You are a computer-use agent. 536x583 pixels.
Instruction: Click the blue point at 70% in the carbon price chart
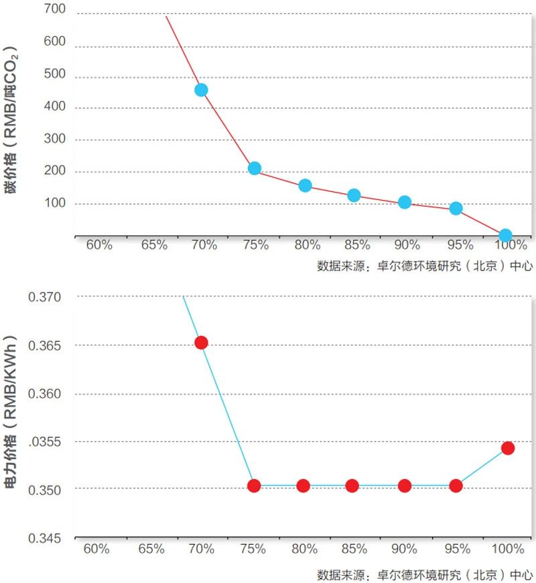click(x=201, y=90)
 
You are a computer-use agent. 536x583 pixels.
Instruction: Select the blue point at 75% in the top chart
click(x=254, y=168)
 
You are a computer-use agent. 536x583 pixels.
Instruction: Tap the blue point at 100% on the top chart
click(x=505, y=235)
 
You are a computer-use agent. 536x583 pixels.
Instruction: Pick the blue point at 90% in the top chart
click(x=405, y=202)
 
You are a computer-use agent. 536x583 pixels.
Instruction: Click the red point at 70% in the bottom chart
click(x=201, y=343)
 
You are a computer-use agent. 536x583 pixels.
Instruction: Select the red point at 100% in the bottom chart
click(x=507, y=448)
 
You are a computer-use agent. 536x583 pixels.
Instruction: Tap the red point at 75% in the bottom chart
click(x=254, y=486)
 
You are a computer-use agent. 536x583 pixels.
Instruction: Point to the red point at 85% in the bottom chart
click(x=352, y=486)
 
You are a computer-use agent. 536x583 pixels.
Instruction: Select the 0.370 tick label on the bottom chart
click(x=44, y=297)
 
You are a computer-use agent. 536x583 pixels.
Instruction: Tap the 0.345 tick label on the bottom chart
click(x=44, y=538)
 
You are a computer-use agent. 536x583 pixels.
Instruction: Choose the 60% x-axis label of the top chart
click(x=99, y=245)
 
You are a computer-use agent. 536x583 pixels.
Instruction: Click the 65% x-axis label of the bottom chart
click(x=152, y=549)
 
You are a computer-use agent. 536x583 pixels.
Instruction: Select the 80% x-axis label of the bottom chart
click(x=304, y=549)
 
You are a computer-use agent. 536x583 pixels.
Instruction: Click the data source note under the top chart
click(x=425, y=266)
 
